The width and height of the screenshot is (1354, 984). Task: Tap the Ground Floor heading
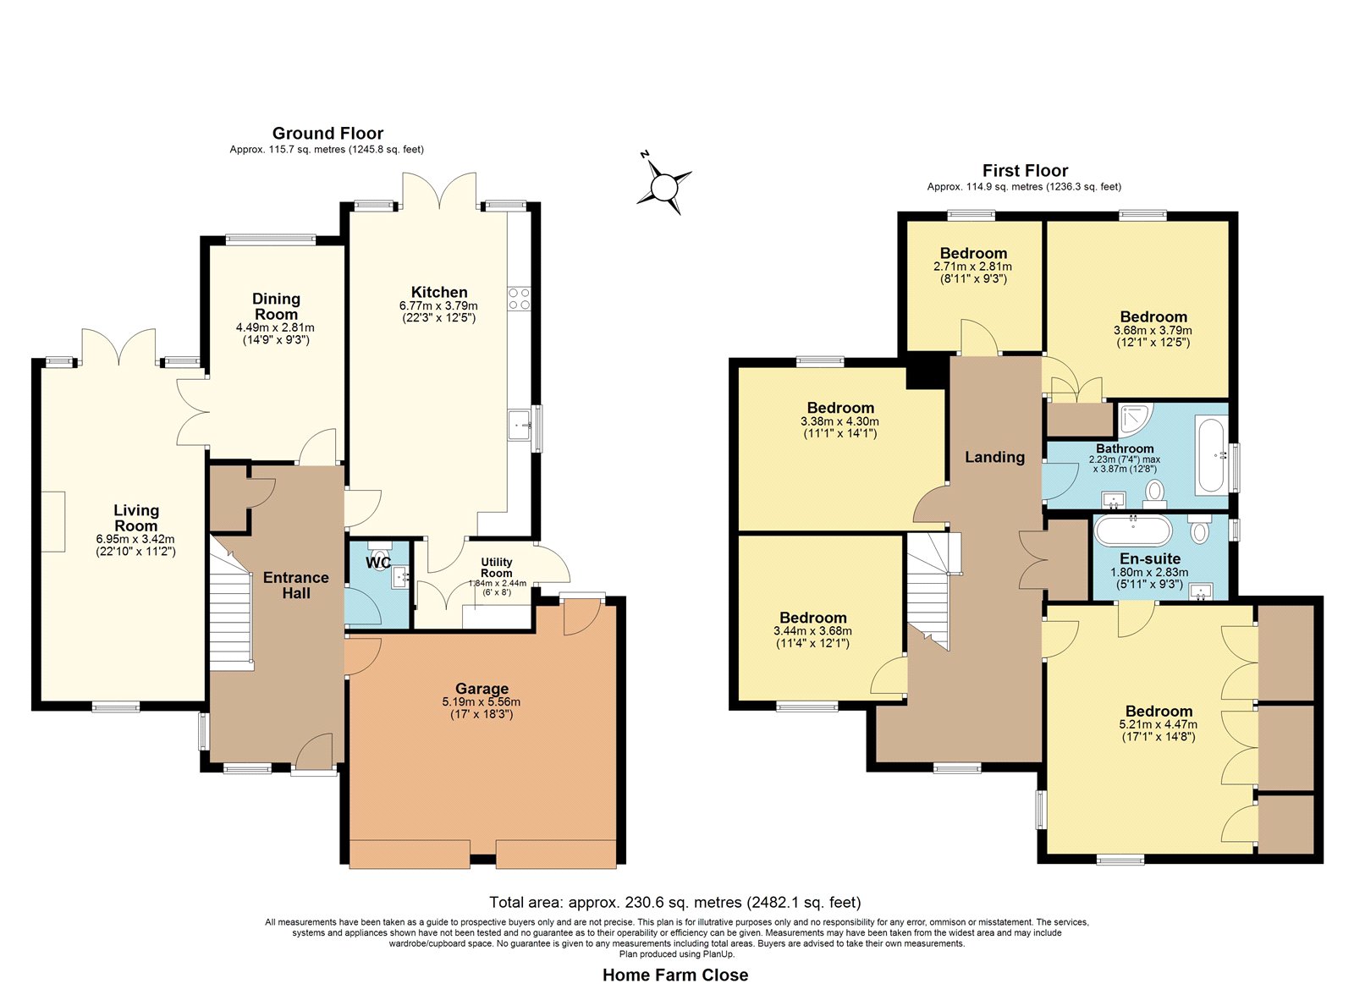[327, 133]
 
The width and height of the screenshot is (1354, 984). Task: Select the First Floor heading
[1025, 170]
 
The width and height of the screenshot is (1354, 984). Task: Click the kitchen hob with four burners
[519, 298]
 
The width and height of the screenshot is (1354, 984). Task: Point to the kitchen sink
[519, 425]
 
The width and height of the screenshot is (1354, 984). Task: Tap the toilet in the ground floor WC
[380, 553]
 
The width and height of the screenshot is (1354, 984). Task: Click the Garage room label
[482, 689]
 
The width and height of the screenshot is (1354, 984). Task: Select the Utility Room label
[496, 568]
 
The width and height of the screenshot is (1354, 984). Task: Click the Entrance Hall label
[296, 585]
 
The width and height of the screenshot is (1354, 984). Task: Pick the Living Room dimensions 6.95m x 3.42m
[135, 539]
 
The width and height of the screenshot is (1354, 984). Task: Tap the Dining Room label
[276, 306]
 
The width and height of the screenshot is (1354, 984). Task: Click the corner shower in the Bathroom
[1135, 420]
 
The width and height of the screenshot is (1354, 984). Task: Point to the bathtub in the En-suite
[1134, 531]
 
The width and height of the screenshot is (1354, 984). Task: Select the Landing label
[994, 457]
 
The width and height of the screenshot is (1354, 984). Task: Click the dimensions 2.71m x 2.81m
[972, 267]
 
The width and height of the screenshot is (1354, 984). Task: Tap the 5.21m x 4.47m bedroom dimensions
[1159, 724]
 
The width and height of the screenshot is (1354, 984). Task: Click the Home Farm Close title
[675, 975]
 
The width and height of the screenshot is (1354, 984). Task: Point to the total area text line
[674, 903]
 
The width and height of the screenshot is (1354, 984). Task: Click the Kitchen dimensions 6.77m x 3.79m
[438, 305]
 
